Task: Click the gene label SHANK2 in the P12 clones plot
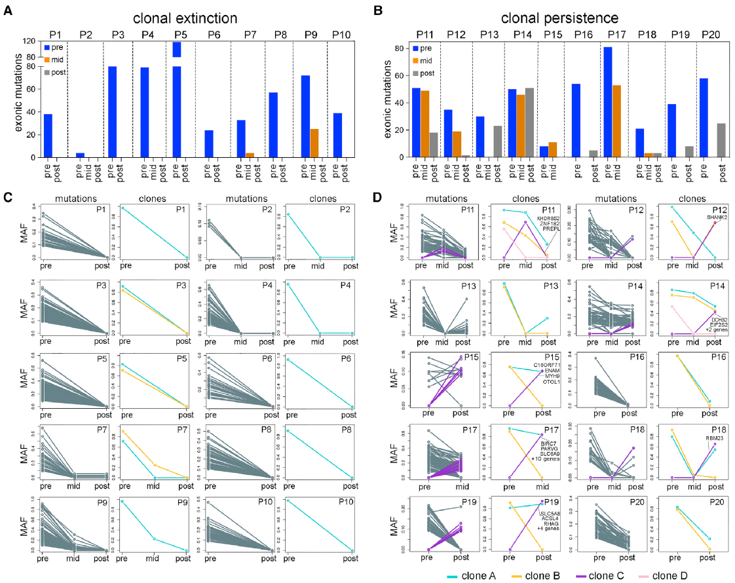tap(717, 217)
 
